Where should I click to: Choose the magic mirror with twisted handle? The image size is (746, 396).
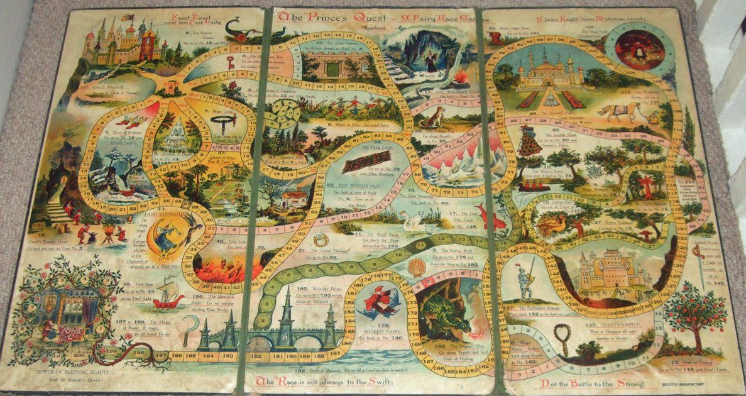pyautogui.click(x=561, y=339)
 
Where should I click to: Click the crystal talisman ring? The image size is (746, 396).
pyautogui.click(x=320, y=239)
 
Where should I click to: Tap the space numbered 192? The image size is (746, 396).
pyautogui.click(x=256, y=356)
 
